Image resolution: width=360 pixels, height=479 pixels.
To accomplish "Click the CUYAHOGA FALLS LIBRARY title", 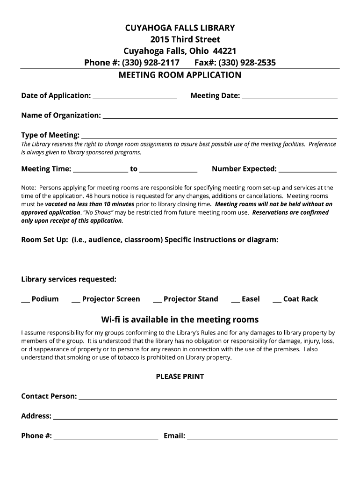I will point(180,28).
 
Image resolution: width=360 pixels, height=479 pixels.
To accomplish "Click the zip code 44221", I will point(224,51).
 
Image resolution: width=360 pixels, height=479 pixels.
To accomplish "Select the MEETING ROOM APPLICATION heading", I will point(180,75).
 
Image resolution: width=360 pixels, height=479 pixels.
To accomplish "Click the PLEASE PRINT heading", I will point(180,377).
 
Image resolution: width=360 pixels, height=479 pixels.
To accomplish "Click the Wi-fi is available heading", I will point(180,320).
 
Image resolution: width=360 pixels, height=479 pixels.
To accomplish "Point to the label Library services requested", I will point(69,280).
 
